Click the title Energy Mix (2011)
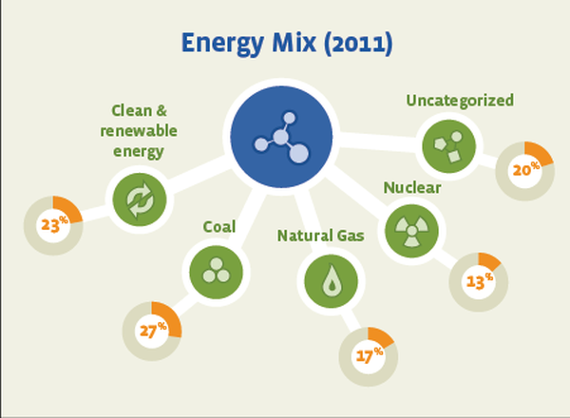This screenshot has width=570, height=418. (287, 44)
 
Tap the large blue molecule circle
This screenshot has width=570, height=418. (281, 137)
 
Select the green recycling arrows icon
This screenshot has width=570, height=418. (140, 199)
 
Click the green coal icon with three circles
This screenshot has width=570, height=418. (217, 273)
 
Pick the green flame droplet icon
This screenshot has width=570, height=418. (331, 281)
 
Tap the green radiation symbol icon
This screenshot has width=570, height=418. (411, 231)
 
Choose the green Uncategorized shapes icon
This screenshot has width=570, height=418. (448, 146)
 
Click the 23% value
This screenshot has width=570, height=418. (54, 224)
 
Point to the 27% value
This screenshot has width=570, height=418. (153, 330)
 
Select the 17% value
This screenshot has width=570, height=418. (370, 355)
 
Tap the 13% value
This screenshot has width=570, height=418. (480, 280)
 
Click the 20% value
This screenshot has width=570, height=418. (526, 169)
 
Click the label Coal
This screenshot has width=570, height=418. (219, 227)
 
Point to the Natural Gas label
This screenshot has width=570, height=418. (321, 236)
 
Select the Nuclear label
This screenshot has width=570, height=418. (412, 187)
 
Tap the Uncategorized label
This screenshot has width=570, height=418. (460, 101)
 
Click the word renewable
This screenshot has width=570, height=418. (139, 131)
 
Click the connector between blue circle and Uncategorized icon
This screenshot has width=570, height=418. (378, 142)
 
